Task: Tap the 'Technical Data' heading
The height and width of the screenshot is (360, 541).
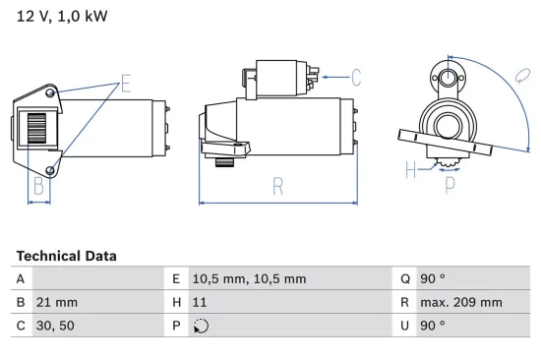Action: pos(66,256)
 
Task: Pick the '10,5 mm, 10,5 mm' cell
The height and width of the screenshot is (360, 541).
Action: pos(251,278)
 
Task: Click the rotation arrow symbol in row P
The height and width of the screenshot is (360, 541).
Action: pos(203,327)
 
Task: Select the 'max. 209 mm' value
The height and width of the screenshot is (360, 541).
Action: pos(463,302)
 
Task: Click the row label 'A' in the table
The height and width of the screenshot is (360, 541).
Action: pos(21,278)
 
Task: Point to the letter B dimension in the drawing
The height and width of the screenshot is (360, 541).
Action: pos(38,184)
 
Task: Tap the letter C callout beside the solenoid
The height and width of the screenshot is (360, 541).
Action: pos(355,77)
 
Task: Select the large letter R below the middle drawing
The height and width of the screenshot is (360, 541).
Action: pos(277,185)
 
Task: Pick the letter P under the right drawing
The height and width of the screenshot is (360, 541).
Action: pos(451,182)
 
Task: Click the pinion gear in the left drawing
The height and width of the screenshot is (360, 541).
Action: pos(36,129)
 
